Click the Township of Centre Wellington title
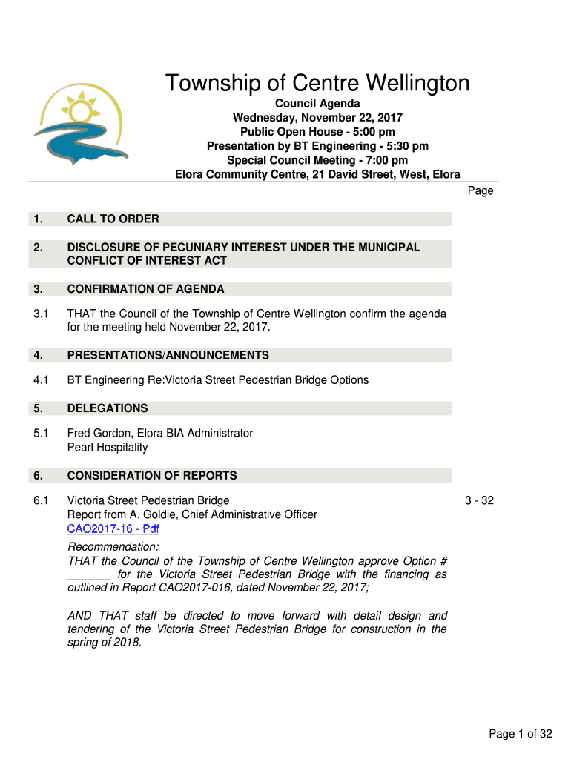point(317,83)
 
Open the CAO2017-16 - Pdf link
point(113,529)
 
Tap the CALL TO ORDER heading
point(113,219)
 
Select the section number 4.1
point(41,380)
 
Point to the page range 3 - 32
point(479,500)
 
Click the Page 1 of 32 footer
point(521,734)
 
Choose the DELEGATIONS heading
point(108,408)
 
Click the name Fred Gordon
point(97,433)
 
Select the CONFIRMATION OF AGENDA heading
point(145,289)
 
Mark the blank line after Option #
point(89,575)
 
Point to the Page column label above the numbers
point(481,190)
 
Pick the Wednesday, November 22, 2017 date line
point(317,118)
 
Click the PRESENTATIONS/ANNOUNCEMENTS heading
point(168,356)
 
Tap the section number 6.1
point(41,500)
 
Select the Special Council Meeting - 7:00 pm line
point(317,160)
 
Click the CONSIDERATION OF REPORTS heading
point(152,476)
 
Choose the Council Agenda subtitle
point(317,104)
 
